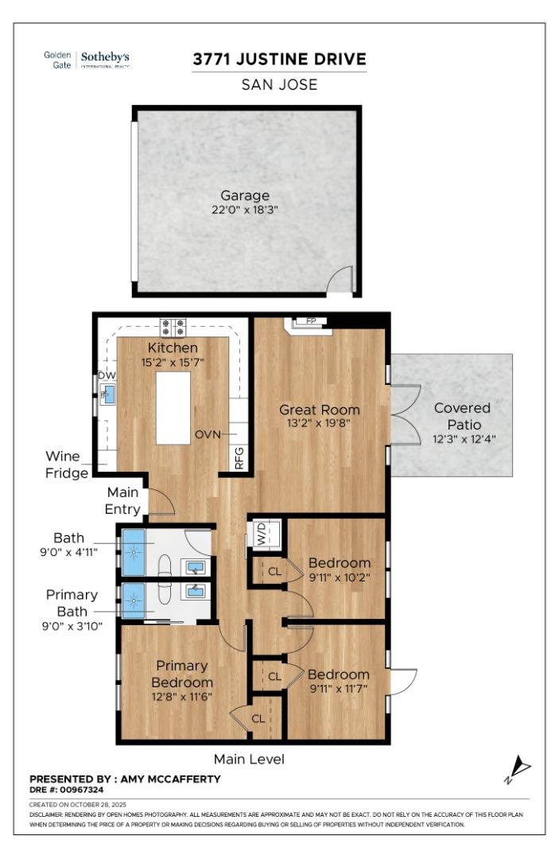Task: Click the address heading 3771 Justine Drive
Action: [279, 60]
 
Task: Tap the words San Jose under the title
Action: [279, 85]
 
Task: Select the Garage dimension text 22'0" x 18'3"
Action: [245, 210]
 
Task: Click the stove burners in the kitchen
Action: [173, 326]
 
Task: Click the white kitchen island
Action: [173, 408]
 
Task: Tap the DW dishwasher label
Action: [106, 375]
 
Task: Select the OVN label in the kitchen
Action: [208, 435]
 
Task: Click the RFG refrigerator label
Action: [239, 458]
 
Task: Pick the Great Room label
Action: [319, 410]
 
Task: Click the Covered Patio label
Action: [462, 415]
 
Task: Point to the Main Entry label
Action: [123, 500]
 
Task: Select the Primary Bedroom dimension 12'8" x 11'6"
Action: [181, 696]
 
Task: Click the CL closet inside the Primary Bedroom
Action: [258, 718]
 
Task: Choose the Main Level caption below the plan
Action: [249, 759]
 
